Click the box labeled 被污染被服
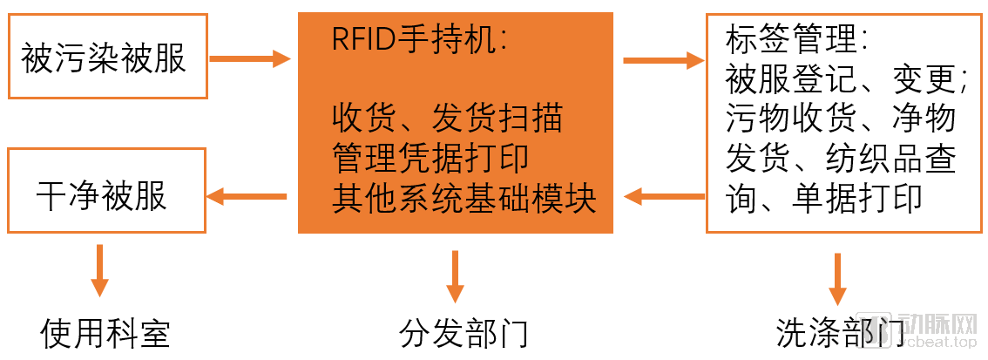[x=107, y=57]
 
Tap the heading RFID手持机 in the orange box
[x=419, y=39]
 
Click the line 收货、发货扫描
[x=447, y=118]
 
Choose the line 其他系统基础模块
[x=464, y=199]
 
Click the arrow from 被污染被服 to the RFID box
[x=250, y=59]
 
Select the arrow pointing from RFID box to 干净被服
[x=247, y=197]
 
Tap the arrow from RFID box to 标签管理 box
[x=663, y=60]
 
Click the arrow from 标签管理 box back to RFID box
[x=664, y=197]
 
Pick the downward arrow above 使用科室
[x=100, y=270]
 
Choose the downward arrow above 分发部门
[x=454, y=275]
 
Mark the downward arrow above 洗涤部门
[x=837, y=279]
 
